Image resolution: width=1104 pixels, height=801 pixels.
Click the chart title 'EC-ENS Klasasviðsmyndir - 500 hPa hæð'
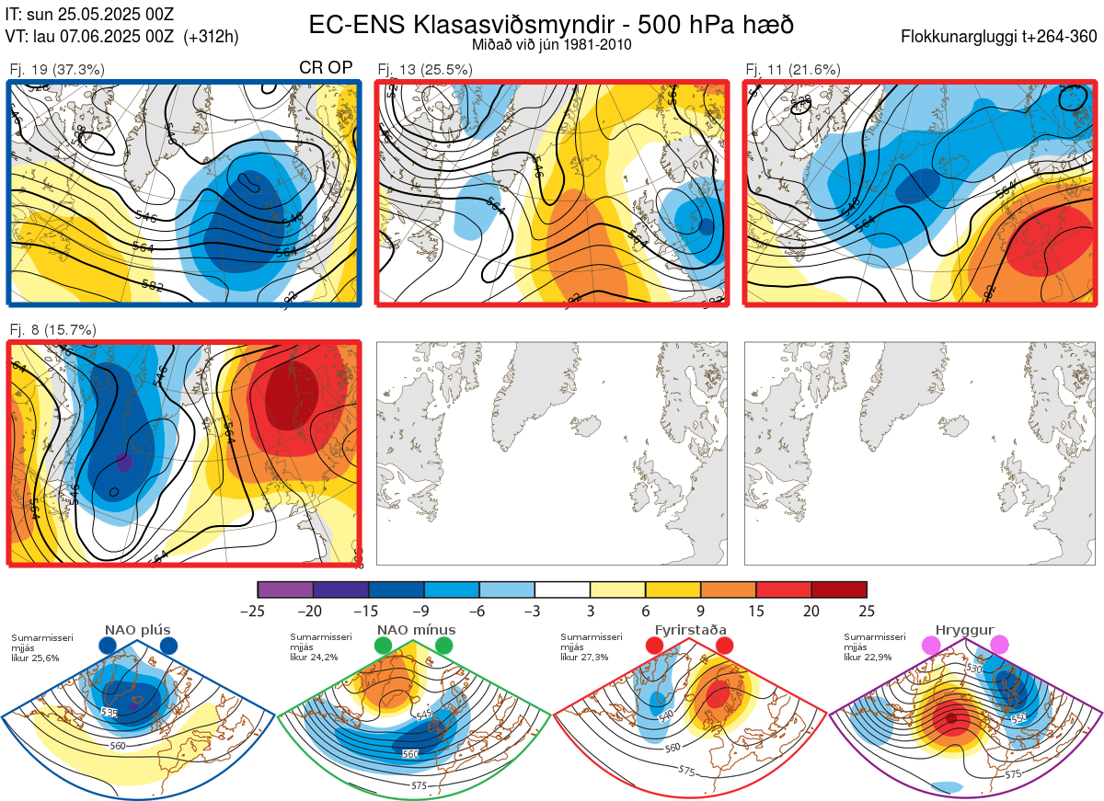551,24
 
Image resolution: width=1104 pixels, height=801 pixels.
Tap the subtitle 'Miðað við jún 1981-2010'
551,44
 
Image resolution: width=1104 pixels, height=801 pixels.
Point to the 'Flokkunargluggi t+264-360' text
1000,37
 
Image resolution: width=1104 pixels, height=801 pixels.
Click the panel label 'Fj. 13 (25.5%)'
425,69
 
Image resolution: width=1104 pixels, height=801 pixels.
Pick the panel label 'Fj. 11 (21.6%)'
793,69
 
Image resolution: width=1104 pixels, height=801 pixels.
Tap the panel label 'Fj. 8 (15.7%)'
52,329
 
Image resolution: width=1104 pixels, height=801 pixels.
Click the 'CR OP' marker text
327,69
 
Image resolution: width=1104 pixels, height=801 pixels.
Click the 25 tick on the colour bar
867,611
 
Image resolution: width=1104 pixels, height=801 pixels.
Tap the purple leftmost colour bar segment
285,589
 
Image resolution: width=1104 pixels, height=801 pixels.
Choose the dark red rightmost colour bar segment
839,589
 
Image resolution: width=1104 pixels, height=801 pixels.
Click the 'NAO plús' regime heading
137,630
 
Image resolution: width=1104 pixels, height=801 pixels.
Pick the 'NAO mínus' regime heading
416,630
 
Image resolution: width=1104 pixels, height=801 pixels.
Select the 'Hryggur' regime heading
965,630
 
